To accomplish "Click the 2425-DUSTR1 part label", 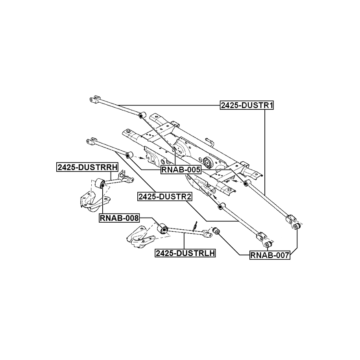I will (x=247, y=105).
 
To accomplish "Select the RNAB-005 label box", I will (x=181, y=170).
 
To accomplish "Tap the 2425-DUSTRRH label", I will (x=87, y=167).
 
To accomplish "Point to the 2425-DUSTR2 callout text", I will (x=164, y=196).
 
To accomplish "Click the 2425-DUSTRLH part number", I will (x=185, y=254).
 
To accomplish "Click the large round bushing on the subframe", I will (x=208, y=162).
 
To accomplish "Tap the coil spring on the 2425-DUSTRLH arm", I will (x=195, y=227).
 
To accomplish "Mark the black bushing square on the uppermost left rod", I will (x=140, y=115).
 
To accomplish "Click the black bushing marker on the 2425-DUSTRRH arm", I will (x=102, y=182).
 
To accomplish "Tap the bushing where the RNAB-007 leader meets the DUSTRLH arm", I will (x=216, y=231).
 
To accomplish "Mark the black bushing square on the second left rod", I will (x=128, y=156).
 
